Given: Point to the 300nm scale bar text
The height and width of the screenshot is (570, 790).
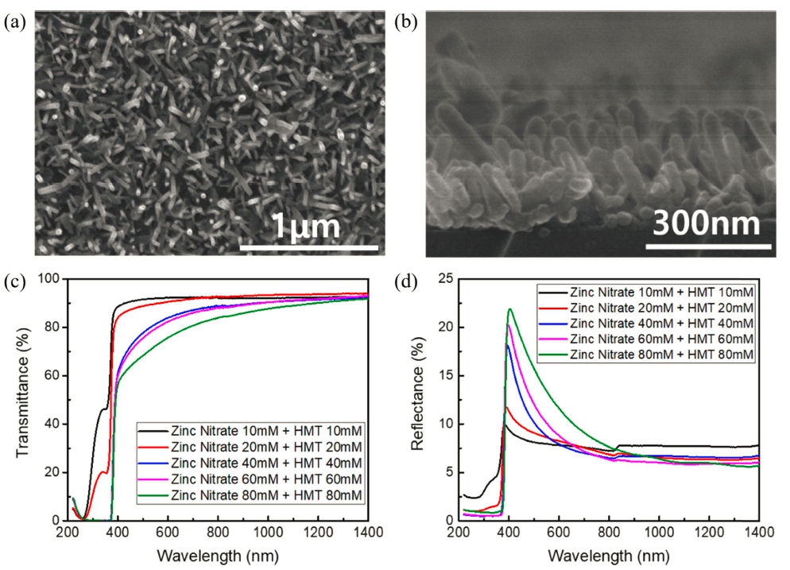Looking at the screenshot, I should [707, 226].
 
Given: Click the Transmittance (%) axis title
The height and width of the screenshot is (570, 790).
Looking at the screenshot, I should [23, 400].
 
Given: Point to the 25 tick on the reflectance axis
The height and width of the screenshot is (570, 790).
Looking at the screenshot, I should [445, 279].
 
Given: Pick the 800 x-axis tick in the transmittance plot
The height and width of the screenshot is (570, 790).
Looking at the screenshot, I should [218, 533].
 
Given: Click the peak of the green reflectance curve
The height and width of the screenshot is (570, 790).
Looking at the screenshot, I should [510, 309].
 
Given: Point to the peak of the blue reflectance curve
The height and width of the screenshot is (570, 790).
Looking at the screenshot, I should [507, 345].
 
